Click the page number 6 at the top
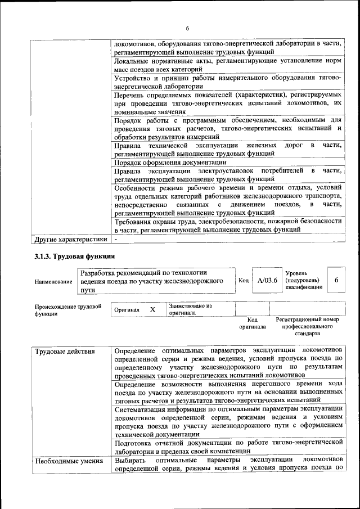(x=187, y=29)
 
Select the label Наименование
(x=53, y=281)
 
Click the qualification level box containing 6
(x=336, y=280)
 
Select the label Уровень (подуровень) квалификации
(x=304, y=280)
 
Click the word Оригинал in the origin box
(x=127, y=309)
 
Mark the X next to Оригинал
(x=152, y=309)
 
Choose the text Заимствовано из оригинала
(x=190, y=309)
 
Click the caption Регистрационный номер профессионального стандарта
(x=307, y=326)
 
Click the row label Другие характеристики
(x=71, y=240)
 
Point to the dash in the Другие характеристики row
(x=115, y=240)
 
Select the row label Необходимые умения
(x=69, y=462)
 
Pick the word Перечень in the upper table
(x=130, y=96)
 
